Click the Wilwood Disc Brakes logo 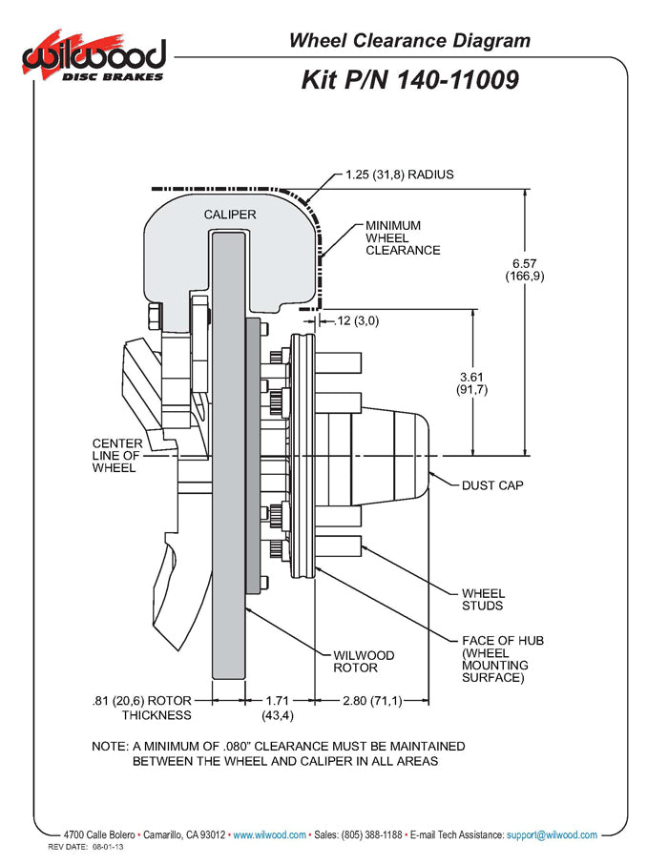click(94, 58)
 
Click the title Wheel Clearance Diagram click(409, 40)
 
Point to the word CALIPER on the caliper click(229, 215)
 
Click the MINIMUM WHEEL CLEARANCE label click(403, 237)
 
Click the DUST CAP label click(492, 485)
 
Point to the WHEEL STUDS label click(483, 599)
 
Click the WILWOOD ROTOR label click(364, 661)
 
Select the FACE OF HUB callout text click(502, 659)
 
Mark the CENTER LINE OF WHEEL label click(117, 456)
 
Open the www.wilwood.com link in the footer click(270, 834)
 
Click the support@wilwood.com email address click(552, 834)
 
